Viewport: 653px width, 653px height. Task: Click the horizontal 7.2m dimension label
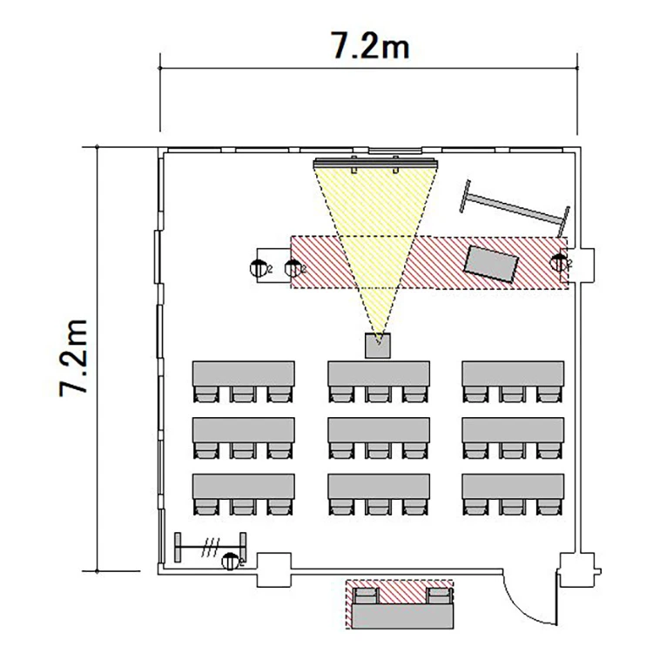(x=370, y=45)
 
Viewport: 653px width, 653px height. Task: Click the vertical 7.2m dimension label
(x=73, y=358)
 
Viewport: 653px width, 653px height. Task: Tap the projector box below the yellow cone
(x=378, y=346)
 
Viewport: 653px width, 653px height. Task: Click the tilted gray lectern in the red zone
(x=491, y=264)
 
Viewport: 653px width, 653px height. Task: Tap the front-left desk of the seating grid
(x=244, y=374)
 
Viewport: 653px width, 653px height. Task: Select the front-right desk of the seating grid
(x=513, y=374)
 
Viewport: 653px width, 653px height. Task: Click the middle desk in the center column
(x=379, y=430)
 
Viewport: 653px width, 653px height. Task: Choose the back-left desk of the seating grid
(x=244, y=486)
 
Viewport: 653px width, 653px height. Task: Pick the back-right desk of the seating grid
(x=513, y=486)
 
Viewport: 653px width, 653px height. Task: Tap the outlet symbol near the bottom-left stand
(x=231, y=562)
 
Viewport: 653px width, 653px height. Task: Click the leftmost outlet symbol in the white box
(x=259, y=269)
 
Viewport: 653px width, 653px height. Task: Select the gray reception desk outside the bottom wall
(x=403, y=616)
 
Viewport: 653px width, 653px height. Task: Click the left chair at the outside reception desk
(x=366, y=596)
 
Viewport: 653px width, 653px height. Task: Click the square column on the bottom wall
(x=273, y=569)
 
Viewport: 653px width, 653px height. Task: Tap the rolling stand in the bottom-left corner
(x=211, y=548)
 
